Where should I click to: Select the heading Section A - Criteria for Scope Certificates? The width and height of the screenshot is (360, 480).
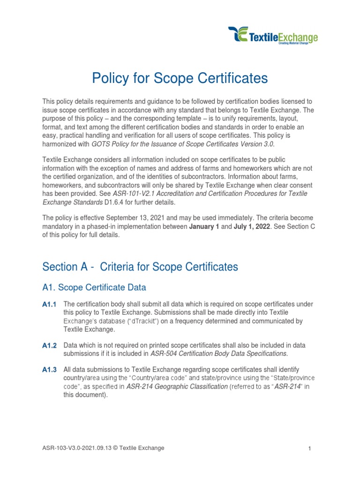point(140,267)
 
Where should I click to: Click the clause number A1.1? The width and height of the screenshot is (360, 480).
point(49,305)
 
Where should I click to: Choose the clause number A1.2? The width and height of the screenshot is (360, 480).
point(49,345)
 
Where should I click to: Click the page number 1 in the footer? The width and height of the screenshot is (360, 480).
point(310,449)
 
